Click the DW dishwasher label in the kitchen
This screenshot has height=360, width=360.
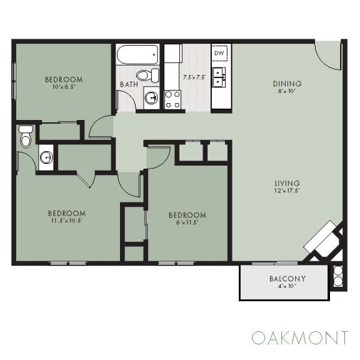tap(219, 54)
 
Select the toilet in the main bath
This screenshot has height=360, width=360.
tap(145, 76)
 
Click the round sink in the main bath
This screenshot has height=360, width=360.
tap(151, 97)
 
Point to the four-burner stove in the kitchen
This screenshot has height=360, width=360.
tap(172, 99)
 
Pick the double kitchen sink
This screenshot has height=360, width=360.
tap(219, 77)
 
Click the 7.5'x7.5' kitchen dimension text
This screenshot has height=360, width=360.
tap(194, 77)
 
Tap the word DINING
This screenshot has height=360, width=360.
tap(287, 84)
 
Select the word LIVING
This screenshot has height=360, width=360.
tap(287, 183)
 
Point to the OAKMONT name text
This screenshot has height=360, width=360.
tap(299, 337)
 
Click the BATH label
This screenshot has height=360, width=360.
tap(129, 84)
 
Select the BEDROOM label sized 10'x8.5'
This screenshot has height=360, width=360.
tap(63, 79)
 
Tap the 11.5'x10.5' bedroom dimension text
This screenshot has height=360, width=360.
tap(67, 221)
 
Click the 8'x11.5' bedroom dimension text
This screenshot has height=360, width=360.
tap(187, 223)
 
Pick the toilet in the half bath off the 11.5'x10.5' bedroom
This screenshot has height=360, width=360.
tap(25, 137)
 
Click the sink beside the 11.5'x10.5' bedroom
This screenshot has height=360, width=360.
tap(46, 157)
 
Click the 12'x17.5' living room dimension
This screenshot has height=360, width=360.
tap(287, 191)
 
